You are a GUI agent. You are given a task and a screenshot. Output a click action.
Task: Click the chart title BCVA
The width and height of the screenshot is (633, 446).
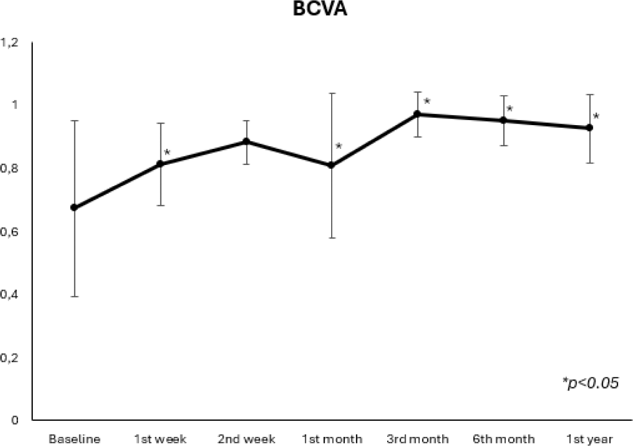pyautogui.click(x=320, y=10)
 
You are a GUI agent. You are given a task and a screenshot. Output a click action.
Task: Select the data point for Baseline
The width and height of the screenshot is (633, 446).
pyautogui.click(x=74, y=207)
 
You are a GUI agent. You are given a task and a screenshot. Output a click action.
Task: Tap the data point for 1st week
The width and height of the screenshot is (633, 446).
pyautogui.click(x=160, y=164)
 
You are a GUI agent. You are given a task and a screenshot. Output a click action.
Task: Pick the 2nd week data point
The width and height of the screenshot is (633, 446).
pyautogui.click(x=246, y=142)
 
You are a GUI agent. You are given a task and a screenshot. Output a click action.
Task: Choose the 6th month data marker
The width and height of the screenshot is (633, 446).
pyautogui.click(x=503, y=120)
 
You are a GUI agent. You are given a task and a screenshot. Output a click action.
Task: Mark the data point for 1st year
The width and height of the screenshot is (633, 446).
pyautogui.click(x=589, y=128)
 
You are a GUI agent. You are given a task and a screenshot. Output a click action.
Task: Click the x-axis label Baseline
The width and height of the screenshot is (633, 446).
pyautogui.click(x=74, y=439)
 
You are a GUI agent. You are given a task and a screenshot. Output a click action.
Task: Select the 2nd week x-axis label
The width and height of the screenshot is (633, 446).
pyautogui.click(x=246, y=439)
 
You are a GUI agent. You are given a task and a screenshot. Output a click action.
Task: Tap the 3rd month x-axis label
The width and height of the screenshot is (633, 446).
pyautogui.click(x=417, y=439)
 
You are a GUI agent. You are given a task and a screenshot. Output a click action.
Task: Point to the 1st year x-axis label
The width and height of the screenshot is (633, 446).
pyautogui.click(x=589, y=439)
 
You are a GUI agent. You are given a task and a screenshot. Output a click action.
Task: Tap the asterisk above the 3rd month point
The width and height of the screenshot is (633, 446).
pyautogui.click(x=427, y=102)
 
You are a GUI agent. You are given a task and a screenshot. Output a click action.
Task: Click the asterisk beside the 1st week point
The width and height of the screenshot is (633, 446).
pyautogui.click(x=167, y=152)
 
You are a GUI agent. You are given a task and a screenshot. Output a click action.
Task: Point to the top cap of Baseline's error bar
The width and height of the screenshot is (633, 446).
pyautogui.click(x=74, y=121)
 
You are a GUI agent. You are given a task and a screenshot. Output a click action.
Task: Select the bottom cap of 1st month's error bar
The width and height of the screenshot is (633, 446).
pyautogui.click(x=332, y=238)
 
